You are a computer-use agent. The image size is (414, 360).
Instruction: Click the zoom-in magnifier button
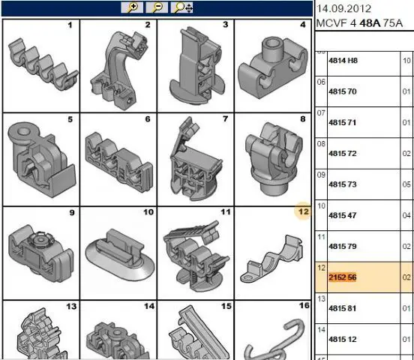[x=132, y=7]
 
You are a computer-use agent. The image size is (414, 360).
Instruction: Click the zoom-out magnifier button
[x=157, y=7]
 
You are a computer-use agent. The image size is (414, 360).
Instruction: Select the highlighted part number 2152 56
[x=343, y=277]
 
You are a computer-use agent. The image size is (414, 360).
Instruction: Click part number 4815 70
[x=343, y=91]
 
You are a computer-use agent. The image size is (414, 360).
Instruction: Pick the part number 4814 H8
[x=343, y=61]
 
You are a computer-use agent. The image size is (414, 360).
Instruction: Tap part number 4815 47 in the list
[x=343, y=215]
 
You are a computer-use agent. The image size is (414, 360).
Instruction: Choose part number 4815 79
[x=343, y=246]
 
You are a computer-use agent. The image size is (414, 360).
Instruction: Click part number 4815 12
[x=343, y=339]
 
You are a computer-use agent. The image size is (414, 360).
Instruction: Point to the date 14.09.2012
[x=343, y=9]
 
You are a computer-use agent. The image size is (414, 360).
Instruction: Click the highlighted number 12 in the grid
[x=303, y=211]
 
